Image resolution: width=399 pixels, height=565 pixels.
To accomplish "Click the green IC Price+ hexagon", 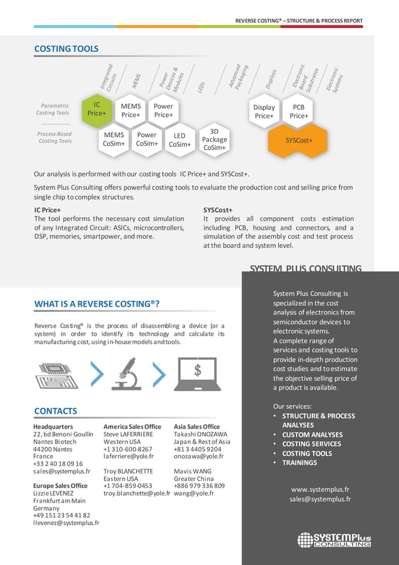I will tap(97, 110).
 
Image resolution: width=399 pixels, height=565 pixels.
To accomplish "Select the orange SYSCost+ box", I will tap(298, 140).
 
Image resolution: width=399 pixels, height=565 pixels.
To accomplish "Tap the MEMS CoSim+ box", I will tap(114, 140).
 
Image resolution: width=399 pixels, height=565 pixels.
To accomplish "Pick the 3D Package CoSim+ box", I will tap(214, 140).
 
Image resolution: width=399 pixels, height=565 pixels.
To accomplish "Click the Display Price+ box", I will tap(264, 111).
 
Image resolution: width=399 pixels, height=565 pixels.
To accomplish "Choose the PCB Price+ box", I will tap(298, 111).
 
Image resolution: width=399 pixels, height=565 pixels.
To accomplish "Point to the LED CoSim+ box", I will tap(179, 140).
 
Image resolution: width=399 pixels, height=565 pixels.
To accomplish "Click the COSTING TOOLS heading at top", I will tap(66, 49).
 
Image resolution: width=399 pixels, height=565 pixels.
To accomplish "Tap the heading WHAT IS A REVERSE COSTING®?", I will tap(97, 304).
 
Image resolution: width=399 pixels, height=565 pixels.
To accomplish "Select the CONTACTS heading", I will tap(56, 411).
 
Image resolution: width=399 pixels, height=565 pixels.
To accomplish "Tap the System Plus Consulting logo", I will tap(334, 539).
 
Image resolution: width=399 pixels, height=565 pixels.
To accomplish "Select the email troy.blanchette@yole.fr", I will tap(136, 494).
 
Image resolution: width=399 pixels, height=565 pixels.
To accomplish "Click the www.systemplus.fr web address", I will tap(320, 489).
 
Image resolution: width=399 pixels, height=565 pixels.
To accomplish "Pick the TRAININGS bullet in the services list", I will tap(299, 463).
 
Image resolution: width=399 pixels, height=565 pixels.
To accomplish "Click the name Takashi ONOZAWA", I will tap(200, 434).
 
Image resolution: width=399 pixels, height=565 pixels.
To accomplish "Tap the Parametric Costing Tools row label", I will tap(53, 109).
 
